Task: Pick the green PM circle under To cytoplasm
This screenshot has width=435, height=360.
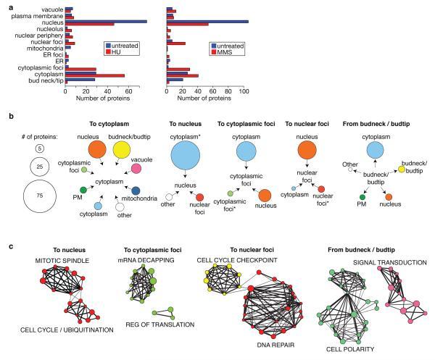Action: [x=84, y=190]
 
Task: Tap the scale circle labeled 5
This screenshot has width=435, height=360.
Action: [x=41, y=148]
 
